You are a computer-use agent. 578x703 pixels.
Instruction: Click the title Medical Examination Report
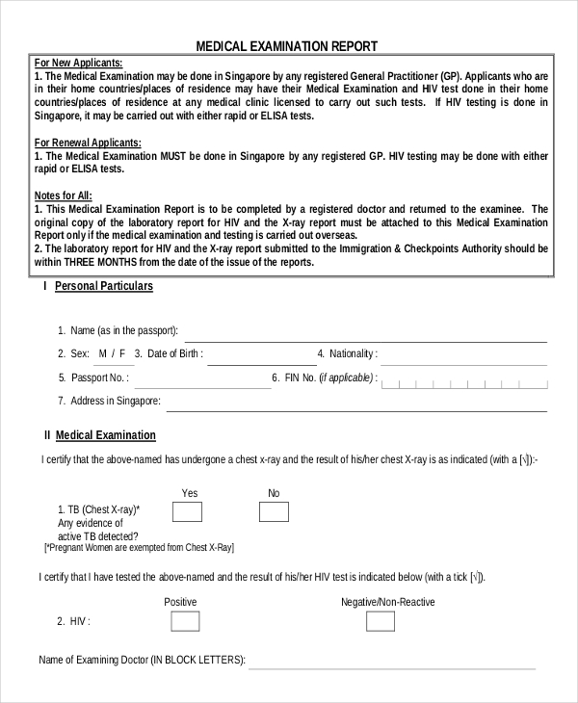click(x=287, y=45)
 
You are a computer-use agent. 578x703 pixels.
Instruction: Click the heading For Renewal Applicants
click(x=87, y=143)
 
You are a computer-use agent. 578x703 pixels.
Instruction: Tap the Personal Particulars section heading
click(x=104, y=286)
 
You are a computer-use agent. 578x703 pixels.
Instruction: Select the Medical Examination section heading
click(x=106, y=435)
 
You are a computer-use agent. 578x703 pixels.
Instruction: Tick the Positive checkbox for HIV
click(x=185, y=621)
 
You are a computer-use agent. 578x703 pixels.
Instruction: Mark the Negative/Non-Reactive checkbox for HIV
click(x=380, y=621)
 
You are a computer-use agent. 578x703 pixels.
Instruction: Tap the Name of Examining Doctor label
click(x=142, y=661)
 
